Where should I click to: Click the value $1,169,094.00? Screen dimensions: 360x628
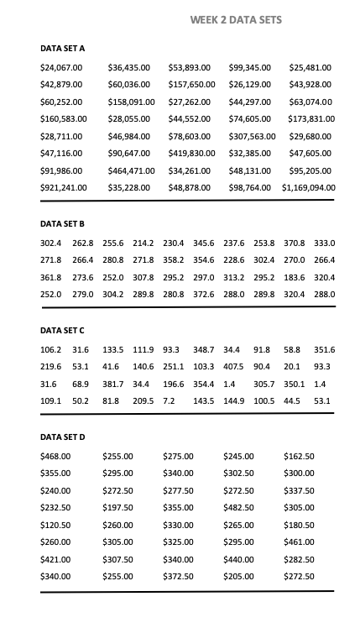tap(309, 187)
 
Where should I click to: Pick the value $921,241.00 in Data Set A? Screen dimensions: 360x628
tap(64, 187)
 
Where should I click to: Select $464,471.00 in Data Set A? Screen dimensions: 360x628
tap(130, 170)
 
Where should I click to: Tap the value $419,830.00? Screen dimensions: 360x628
tap(192, 153)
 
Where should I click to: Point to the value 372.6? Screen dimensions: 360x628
tap(204, 295)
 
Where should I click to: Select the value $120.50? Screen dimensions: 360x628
tap(55, 525)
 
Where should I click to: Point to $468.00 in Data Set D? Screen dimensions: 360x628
tap(55, 456)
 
